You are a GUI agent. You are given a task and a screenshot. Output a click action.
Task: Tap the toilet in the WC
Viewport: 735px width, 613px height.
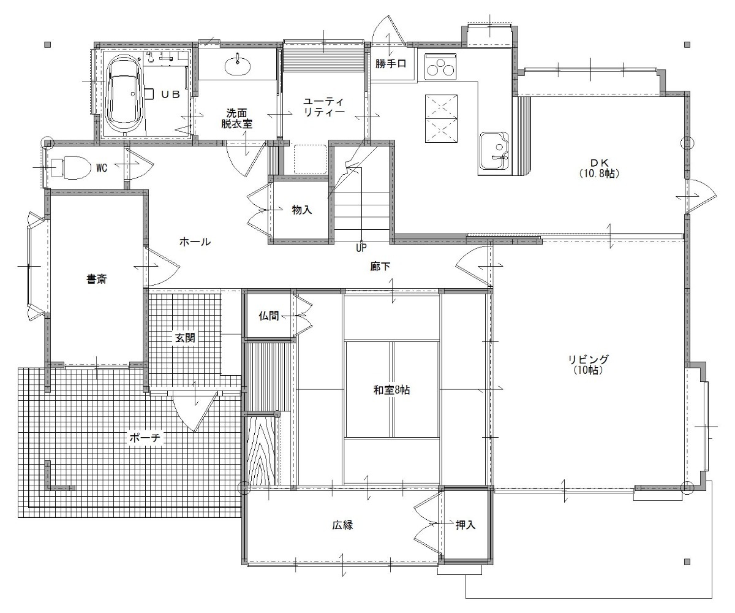[69, 168]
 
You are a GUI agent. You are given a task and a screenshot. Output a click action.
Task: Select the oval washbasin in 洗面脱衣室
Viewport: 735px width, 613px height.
[238, 66]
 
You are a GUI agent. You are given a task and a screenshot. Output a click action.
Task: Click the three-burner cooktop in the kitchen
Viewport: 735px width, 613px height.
[440, 66]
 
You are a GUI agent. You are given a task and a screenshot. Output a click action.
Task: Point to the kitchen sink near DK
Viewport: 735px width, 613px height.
[494, 153]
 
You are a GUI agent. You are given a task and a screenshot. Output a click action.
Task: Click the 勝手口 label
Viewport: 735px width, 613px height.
[391, 64]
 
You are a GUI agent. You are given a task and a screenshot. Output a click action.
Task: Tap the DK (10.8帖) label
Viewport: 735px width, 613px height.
[599, 168]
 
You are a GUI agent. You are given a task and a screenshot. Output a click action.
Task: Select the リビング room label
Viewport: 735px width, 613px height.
[588, 364]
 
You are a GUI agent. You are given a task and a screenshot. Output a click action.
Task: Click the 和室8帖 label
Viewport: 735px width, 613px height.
[391, 390]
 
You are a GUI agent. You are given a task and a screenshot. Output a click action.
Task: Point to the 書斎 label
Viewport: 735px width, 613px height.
[96, 280]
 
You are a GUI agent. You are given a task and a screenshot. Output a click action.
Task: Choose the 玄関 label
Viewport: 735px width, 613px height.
[185, 338]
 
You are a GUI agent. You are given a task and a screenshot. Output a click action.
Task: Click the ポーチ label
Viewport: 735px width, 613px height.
[145, 438]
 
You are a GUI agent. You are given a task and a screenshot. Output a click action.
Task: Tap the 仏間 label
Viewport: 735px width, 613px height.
[269, 316]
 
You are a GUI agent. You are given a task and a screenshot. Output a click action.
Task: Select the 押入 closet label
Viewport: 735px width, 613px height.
[466, 525]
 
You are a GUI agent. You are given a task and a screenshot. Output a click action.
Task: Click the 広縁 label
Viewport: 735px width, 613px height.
[342, 525]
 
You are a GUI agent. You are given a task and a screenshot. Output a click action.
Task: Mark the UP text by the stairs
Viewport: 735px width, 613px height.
[361, 248]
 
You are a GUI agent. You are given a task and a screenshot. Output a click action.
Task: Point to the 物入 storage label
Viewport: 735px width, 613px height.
[302, 210]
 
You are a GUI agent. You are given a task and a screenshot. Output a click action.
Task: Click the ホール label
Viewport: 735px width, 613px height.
[195, 242]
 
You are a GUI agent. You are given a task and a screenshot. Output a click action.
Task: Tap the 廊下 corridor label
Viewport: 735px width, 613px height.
[380, 267]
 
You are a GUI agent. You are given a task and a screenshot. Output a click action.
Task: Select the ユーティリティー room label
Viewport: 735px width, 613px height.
[324, 107]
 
